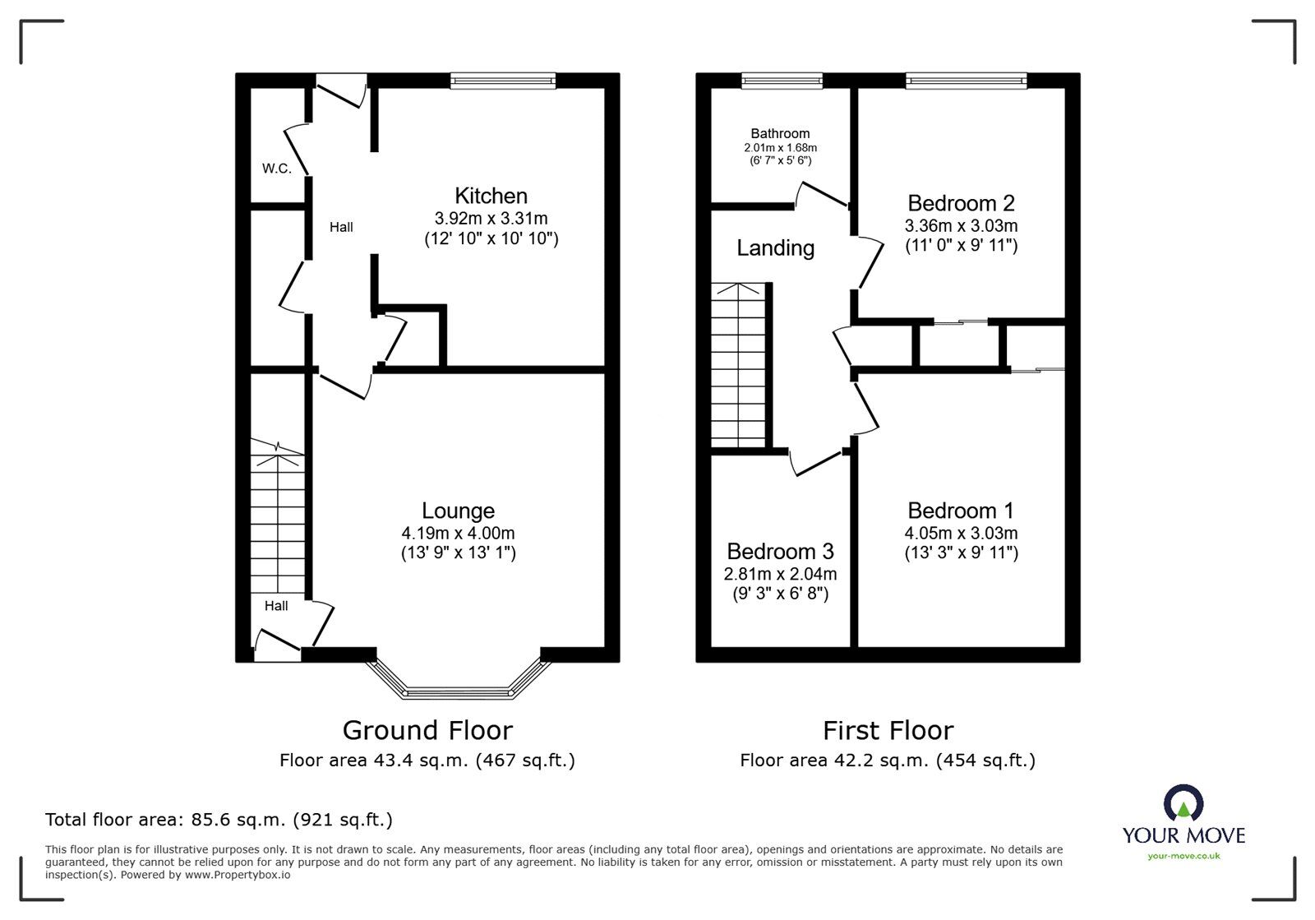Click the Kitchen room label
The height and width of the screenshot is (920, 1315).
point(491,196)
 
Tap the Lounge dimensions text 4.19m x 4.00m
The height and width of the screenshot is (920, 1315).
point(458,533)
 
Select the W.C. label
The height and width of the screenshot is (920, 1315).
point(277,169)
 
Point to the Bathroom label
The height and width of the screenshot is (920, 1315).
point(780,133)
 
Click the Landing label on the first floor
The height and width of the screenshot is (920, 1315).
point(775,247)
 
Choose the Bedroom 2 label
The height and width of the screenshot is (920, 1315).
point(961,202)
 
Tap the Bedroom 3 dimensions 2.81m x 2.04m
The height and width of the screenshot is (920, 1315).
point(780,574)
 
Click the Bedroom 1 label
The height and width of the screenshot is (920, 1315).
point(961,510)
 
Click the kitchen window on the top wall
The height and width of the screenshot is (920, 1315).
point(503,80)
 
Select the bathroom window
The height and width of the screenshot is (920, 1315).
point(781,80)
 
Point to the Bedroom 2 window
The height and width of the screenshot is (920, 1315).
point(966,80)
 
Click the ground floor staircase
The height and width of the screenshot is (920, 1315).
point(277,518)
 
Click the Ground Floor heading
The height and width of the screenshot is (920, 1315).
point(427,730)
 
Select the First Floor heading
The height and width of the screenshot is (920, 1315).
point(888,730)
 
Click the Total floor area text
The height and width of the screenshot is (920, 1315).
point(219,819)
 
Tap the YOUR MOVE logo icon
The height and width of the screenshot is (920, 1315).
point(1183,802)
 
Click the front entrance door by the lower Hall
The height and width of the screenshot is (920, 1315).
point(277,645)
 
